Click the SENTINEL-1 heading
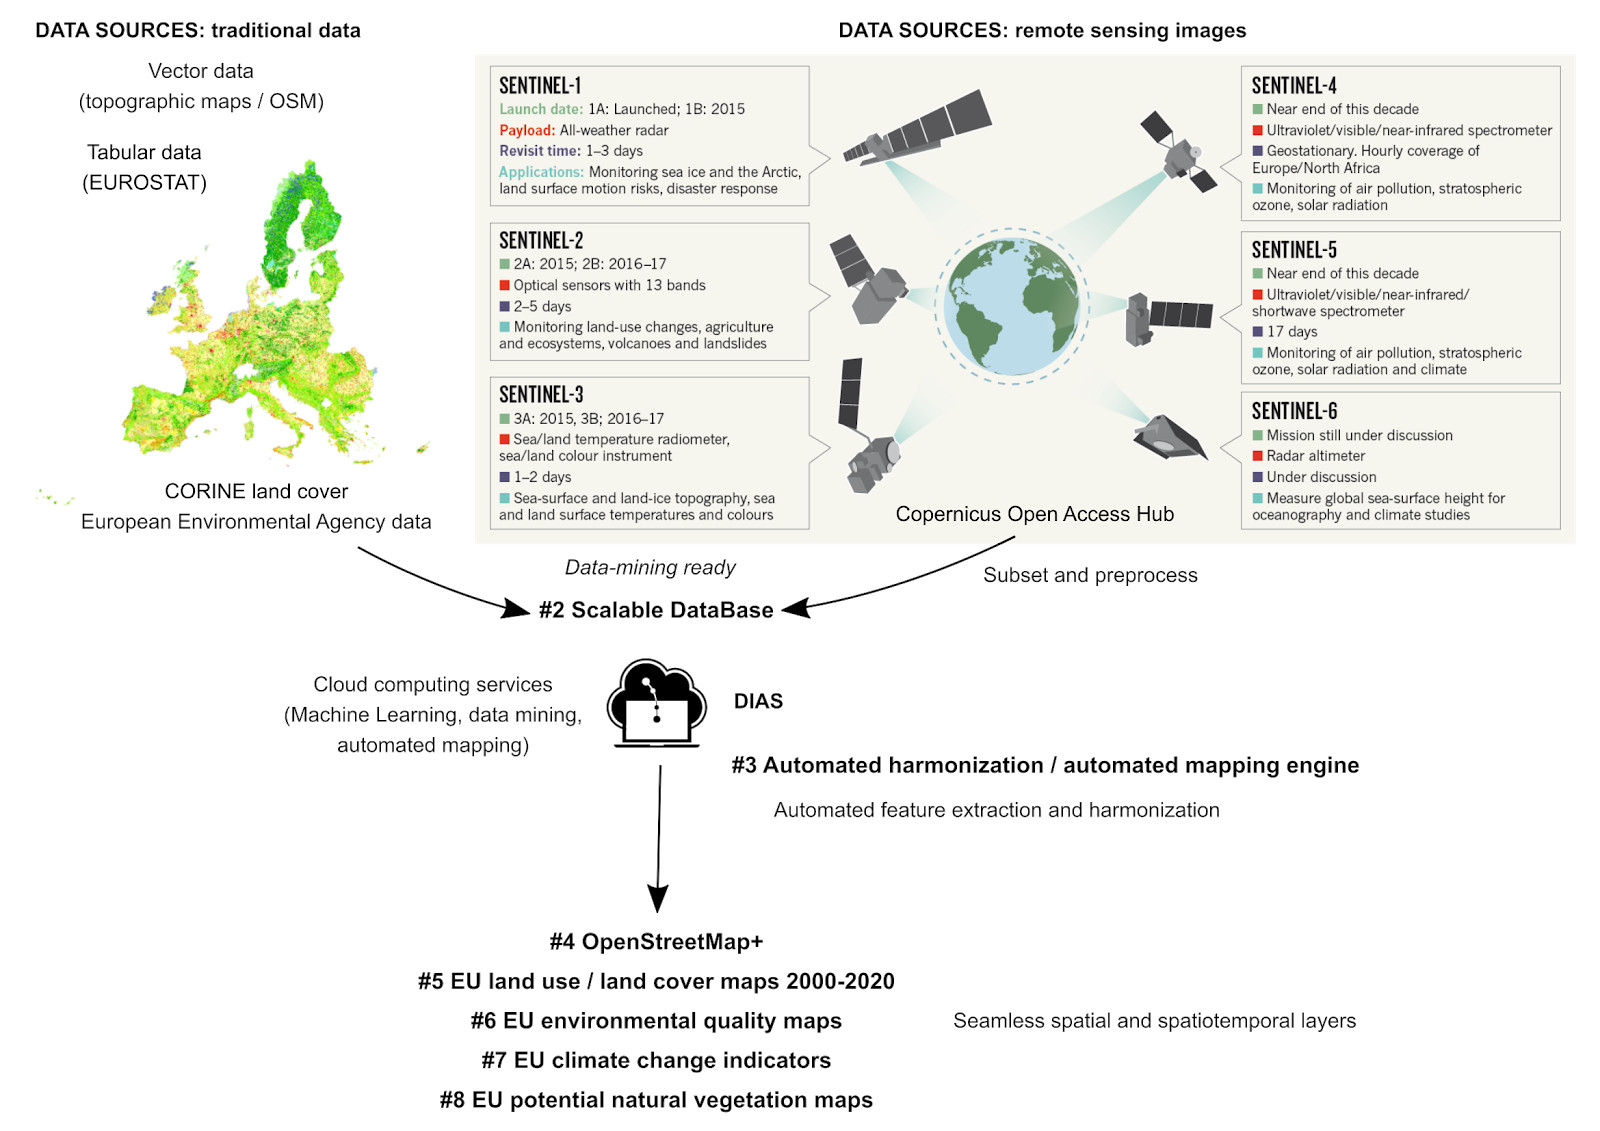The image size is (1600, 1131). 540,86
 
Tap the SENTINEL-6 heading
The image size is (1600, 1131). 1294,411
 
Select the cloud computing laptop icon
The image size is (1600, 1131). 656,703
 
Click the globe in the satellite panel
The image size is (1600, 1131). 1011,307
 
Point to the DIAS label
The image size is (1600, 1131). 758,701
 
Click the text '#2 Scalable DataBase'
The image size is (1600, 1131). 656,609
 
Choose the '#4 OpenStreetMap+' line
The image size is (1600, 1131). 656,941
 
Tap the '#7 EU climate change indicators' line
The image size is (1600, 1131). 656,1060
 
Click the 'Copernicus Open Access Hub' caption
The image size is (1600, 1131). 1034,514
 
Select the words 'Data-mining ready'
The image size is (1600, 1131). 650,567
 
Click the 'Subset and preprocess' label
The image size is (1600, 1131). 1090,575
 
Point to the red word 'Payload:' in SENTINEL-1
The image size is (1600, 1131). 526,130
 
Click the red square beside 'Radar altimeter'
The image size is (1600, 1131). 1257,455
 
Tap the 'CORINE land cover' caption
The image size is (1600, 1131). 256,491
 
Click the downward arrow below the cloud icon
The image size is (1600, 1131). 659,838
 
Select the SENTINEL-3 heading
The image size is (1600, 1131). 541,394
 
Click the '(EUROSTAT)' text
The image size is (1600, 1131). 144,183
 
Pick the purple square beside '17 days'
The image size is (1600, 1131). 1257,332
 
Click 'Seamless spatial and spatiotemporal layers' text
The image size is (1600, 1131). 1154,1020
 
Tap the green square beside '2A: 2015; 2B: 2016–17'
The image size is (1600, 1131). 504,264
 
